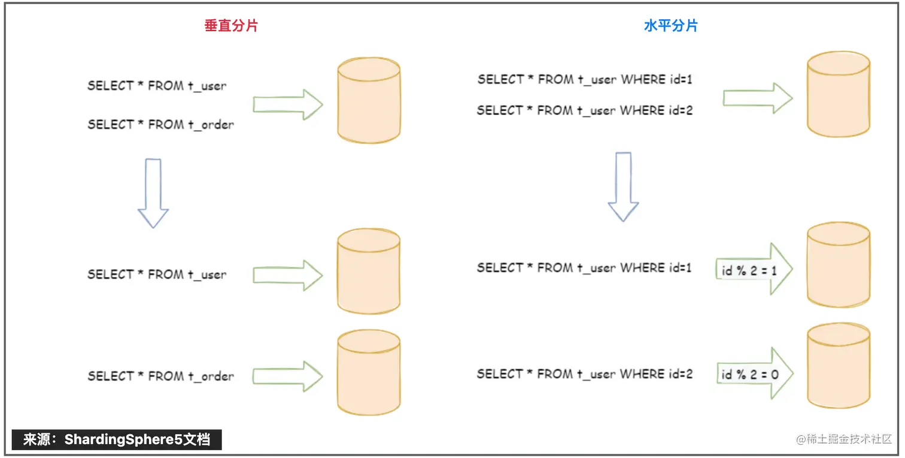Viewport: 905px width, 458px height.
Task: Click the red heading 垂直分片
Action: (x=231, y=26)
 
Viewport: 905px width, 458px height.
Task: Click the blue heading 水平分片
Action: (x=670, y=26)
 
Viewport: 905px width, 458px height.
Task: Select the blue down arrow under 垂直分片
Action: (x=153, y=192)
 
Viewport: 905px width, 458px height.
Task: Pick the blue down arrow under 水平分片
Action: (x=623, y=186)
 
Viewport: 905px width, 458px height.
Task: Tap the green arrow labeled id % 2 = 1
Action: (x=755, y=270)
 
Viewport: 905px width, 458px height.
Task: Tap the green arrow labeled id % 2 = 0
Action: (x=755, y=374)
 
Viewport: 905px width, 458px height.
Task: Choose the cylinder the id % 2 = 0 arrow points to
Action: (x=838, y=367)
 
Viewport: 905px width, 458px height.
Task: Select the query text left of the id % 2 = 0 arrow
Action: (x=585, y=374)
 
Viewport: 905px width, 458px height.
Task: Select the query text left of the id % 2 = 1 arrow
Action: (x=585, y=268)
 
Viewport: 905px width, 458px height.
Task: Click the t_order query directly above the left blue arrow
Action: (x=160, y=125)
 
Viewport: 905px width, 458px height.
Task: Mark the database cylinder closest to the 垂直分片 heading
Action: (x=369, y=100)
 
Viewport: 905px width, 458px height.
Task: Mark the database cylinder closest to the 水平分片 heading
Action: (x=838, y=94)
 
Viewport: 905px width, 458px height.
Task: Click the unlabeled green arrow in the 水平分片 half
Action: (x=758, y=98)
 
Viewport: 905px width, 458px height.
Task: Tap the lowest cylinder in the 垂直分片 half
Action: (x=369, y=372)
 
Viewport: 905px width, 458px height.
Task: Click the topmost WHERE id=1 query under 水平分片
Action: (x=585, y=79)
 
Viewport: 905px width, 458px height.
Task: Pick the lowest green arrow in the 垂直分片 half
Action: (x=288, y=376)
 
